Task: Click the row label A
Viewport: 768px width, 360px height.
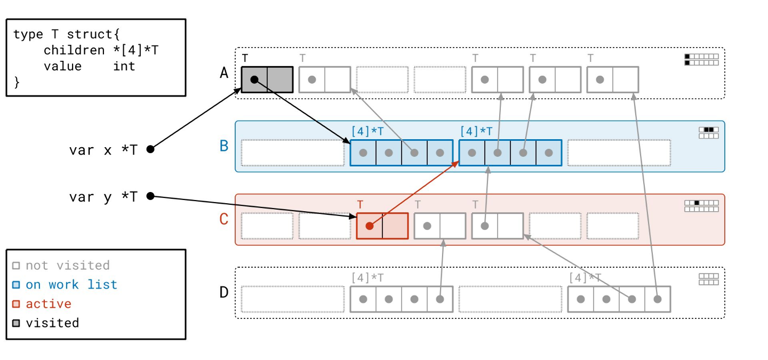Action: pyautogui.click(x=224, y=73)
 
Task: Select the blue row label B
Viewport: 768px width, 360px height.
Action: pyautogui.click(x=224, y=146)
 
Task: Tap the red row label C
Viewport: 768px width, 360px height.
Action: pyautogui.click(x=224, y=219)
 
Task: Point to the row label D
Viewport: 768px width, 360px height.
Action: pyautogui.click(x=224, y=292)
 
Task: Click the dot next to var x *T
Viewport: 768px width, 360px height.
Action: pyautogui.click(x=150, y=149)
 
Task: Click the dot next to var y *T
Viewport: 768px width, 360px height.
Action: pyautogui.click(x=150, y=196)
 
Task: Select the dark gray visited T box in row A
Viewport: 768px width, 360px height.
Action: pyautogui.click(x=267, y=79)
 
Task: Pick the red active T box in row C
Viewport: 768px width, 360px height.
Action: pyautogui.click(x=382, y=226)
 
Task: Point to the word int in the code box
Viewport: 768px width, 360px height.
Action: pyautogui.click(x=124, y=66)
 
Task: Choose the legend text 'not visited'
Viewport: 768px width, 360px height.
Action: pyautogui.click(x=67, y=265)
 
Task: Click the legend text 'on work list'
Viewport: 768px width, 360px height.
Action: pyautogui.click(x=71, y=284)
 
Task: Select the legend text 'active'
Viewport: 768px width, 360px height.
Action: pyautogui.click(x=49, y=303)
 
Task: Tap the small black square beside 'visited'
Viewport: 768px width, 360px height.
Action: pyautogui.click(x=16, y=323)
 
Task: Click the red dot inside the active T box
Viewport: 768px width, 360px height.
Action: pyautogui.click(x=369, y=226)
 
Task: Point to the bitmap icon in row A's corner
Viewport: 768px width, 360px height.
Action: pyautogui.click(x=701, y=59)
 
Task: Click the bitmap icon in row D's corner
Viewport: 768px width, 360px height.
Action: pyautogui.click(x=708, y=279)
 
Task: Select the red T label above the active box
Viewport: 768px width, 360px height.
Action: pyautogui.click(x=360, y=204)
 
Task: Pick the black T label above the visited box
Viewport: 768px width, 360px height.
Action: pyautogui.click(x=245, y=58)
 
